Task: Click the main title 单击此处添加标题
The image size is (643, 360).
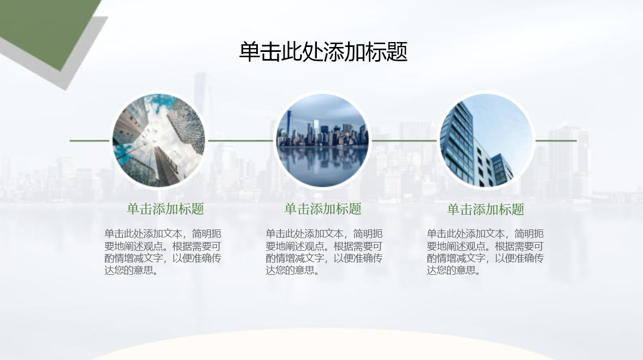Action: click(323, 52)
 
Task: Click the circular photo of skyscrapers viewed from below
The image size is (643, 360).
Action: click(158, 140)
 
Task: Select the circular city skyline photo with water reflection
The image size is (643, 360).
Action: click(322, 140)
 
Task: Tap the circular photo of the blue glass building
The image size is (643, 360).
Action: click(486, 140)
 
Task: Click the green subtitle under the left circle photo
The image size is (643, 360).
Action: click(166, 209)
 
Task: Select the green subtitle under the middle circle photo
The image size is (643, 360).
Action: click(323, 209)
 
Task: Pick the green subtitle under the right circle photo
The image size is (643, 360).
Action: click(486, 209)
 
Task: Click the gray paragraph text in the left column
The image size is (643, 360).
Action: click(163, 252)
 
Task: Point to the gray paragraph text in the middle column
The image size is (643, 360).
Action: click(324, 252)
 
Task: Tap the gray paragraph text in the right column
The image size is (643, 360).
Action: click(485, 252)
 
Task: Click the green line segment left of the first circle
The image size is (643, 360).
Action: click(90, 140)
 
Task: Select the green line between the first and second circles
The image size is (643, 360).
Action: click(240, 140)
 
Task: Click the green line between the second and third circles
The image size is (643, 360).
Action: click(404, 140)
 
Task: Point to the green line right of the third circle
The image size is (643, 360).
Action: click(556, 140)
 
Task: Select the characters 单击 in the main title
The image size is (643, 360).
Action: click(259, 52)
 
